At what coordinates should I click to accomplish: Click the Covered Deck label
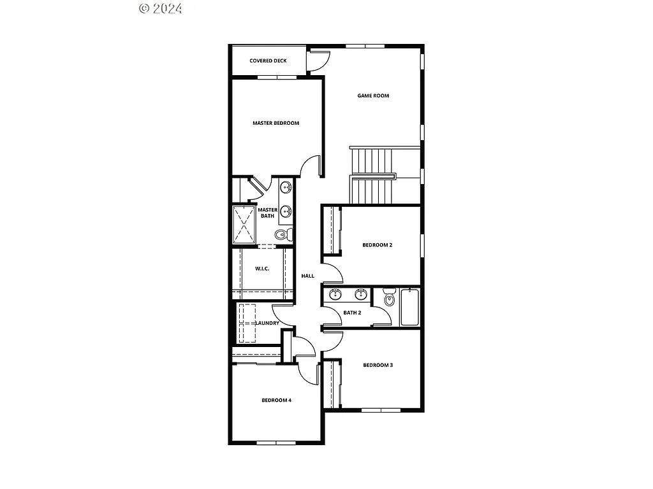pyautogui.click(x=268, y=61)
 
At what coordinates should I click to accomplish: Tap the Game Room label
pyautogui.click(x=373, y=96)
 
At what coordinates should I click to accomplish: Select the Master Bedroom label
pyautogui.click(x=275, y=124)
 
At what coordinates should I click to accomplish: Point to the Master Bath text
pyautogui.click(x=267, y=213)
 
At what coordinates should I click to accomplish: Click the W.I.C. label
pyautogui.click(x=262, y=269)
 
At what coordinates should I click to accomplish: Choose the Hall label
pyautogui.click(x=308, y=276)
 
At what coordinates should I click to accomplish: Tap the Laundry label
pyautogui.click(x=267, y=323)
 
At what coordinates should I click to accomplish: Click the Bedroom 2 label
pyautogui.click(x=377, y=245)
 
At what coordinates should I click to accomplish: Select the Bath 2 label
pyautogui.click(x=352, y=313)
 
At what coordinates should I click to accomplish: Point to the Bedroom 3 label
pyautogui.click(x=378, y=365)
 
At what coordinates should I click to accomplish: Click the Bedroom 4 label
pyautogui.click(x=276, y=400)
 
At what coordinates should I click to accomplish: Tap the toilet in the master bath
pyautogui.click(x=283, y=235)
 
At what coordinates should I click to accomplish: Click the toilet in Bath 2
pyautogui.click(x=388, y=298)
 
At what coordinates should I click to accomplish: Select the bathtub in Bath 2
pyautogui.click(x=409, y=308)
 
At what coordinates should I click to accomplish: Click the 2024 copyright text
pyautogui.click(x=161, y=8)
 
